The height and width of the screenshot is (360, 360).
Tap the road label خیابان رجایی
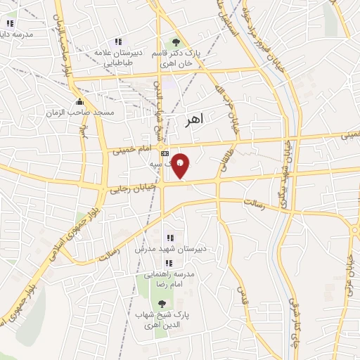tap(129, 187)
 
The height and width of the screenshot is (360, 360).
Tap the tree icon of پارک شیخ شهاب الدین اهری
tap(163, 303)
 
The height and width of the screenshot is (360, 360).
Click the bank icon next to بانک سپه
tap(165, 153)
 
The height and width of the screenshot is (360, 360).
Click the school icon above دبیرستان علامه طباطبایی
tap(117, 41)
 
